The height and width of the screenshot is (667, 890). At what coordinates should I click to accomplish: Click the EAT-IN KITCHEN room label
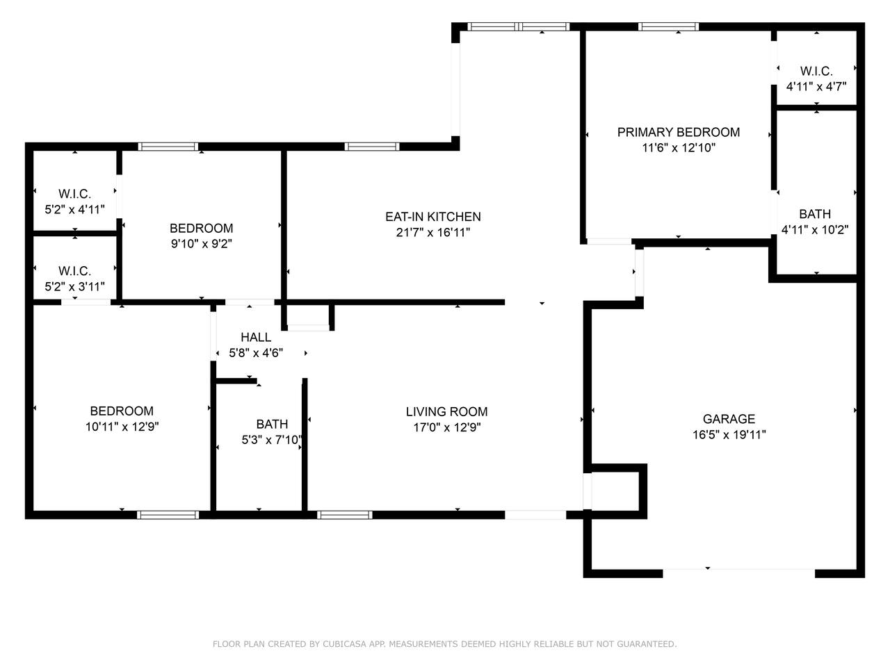[x=432, y=217]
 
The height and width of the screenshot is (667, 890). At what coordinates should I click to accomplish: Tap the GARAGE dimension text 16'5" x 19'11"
[x=729, y=434]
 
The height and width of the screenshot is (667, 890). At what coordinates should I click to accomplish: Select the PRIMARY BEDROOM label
[x=679, y=132]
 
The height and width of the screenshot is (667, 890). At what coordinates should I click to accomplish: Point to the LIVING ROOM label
[x=446, y=411]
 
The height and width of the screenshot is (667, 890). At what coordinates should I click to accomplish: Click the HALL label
[x=256, y=337]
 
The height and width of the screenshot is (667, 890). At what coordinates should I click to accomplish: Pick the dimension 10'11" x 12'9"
[x=122, y=427]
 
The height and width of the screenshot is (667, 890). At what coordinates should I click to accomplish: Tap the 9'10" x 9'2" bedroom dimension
[x=201, y=244]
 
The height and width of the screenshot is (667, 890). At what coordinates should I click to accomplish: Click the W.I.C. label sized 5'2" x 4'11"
[x=74, y=194]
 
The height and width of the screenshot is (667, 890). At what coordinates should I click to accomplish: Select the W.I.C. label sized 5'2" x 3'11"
[x=74, y=270]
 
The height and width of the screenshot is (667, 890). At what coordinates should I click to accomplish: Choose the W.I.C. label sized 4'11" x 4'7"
[x=816, y=71]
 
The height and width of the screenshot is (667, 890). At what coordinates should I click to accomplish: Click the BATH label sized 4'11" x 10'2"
[x=815, y=213]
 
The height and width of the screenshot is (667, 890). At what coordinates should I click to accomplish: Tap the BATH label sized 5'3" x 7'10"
[x=272, y=424]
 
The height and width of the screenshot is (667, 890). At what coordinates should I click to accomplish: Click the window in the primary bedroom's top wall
[x=668, y=26]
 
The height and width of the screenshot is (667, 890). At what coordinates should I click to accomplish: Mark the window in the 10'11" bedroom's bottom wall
[x=168, y=515]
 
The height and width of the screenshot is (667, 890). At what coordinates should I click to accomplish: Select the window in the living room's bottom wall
[x=345, y=515]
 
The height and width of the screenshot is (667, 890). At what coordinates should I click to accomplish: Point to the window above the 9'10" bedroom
[x=168, y=147]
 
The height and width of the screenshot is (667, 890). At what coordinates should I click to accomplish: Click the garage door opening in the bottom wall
[x=738, y=573]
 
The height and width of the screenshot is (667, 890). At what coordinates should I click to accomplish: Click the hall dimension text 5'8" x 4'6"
[x=256, y=353]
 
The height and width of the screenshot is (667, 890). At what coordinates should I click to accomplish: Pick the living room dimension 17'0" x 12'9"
[x=446, y=427]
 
